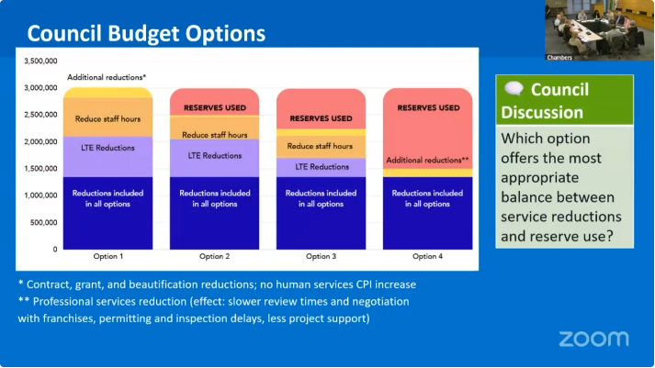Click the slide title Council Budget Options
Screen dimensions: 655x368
point(146,33)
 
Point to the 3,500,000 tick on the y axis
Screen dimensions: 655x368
point(40,61)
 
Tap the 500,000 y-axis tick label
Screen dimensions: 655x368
point(44,222)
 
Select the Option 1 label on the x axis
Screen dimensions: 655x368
point(108,256)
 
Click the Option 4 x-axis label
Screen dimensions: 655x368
point(427,256)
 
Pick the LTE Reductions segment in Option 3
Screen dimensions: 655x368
point(321,167)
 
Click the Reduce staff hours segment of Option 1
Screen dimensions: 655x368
point(107,117)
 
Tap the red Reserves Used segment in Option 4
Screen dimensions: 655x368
point(428,128)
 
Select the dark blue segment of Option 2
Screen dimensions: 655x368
point(214,213)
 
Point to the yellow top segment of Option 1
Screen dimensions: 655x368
point(107,93)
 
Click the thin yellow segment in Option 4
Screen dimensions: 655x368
point(428,173)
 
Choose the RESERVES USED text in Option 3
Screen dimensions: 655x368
point(321,118)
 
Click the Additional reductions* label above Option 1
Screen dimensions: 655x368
point(107,77)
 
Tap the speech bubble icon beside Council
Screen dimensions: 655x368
point(514,88)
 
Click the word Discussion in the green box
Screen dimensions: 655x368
point(542,112)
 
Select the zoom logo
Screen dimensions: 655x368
point(593,339)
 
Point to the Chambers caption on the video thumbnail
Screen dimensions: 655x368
point(559,58)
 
